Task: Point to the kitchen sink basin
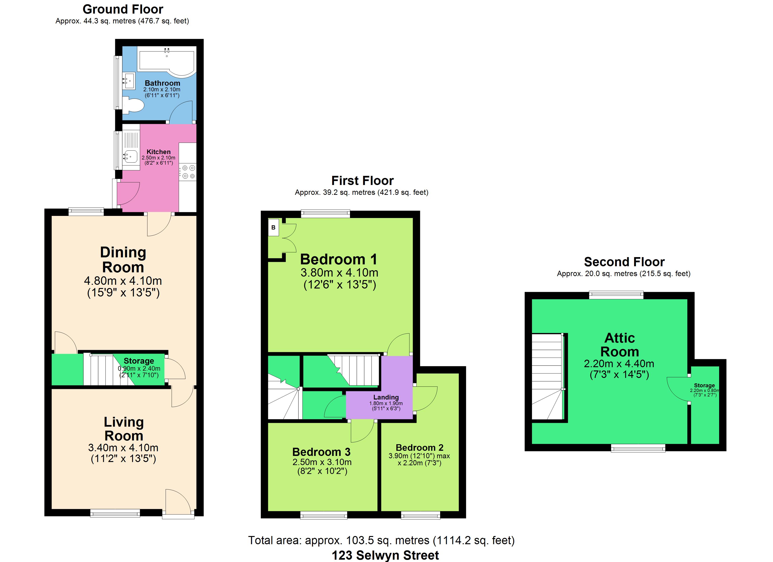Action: pyautogui.click(x=130, y=156)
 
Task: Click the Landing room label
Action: pyautogui.click(x=386, y=397)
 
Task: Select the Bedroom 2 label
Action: pyautogui.click(x=420, y=447)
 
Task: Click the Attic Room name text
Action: pyautogui.click(x=620, y=344)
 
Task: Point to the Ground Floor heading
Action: pyautogui.click(x=123, y=9)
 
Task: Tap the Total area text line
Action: pyautogui.click(x=381, y=540)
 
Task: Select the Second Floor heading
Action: pyautogui.click(x=624, y=262)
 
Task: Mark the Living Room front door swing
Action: pyautogui.click(x=178, y=502)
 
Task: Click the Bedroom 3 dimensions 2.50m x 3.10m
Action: pyautogui.click(x=322, y=462)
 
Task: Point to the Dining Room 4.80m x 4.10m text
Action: pyautogui.click(x=123, y=281)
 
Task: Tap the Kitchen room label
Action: pyautogui.click(x=159, y=152)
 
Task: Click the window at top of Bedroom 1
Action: pyautogui.click(x=326, y=214)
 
